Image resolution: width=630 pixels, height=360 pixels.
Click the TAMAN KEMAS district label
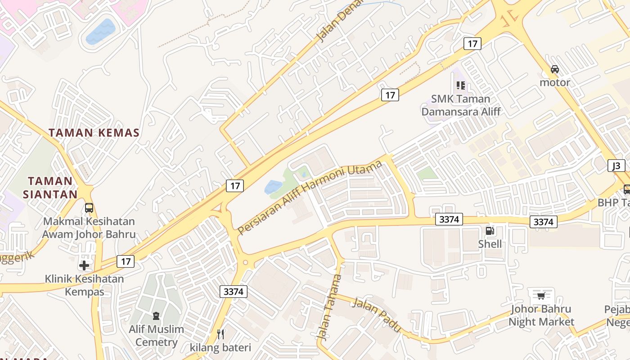click(94, 133)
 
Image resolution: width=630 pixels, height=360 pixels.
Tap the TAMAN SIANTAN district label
click(50, 188)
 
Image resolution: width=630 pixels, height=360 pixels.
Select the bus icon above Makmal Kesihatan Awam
click(89, 208)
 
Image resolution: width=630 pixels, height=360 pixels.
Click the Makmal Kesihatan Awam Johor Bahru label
click(89, 228)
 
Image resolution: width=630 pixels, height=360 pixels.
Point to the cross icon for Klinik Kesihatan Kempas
click(84, 265)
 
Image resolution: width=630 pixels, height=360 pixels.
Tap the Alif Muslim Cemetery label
click(156, 336)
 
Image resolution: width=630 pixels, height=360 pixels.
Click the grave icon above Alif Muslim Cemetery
click(156, 316)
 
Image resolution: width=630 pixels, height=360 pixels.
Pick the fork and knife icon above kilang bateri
click(220, 334)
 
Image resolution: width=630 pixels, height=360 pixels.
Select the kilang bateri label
click(220, 347)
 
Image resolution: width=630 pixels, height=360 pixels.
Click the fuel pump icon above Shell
click(490, 231)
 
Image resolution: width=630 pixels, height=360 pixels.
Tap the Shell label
click(490, 244)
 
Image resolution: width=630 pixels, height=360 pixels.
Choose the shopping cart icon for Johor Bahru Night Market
click(541, 296)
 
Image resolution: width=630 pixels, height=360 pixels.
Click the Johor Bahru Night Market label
click(541, 315)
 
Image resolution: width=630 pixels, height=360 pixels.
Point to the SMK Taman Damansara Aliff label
click(461, 105)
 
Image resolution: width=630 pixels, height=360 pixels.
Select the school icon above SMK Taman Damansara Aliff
click(460, 85)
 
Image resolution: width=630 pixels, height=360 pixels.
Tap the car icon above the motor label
click(555, 69)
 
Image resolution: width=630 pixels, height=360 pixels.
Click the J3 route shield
click(616, 166)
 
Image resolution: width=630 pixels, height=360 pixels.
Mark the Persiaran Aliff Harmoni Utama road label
click(310, 197)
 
